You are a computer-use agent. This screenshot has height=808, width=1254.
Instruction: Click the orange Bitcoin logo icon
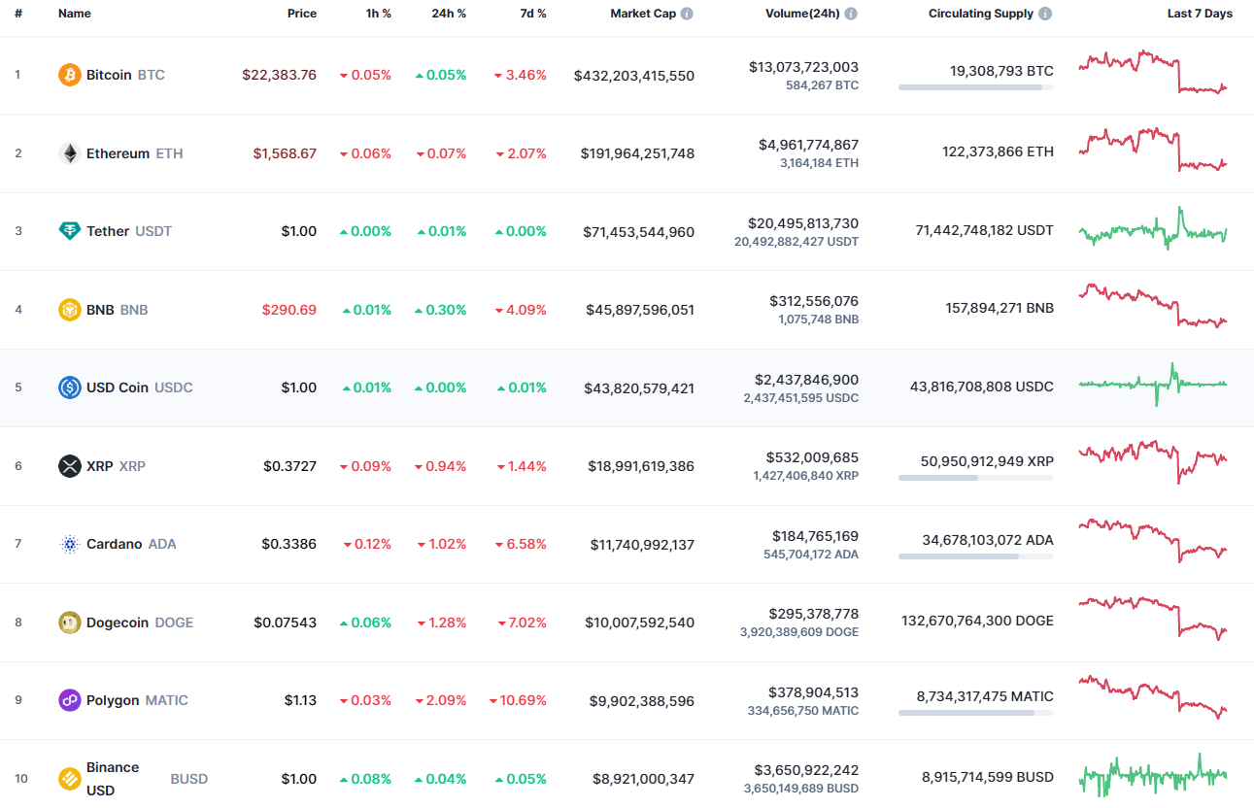point(70,75)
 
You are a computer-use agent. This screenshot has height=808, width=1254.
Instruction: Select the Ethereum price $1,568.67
point(285,153)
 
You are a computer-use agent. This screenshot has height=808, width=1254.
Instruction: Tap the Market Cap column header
point(643,14)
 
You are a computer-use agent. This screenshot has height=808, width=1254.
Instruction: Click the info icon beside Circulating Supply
point(1045,14)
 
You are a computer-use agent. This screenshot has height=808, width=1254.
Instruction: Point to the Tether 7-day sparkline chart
point(1152,230)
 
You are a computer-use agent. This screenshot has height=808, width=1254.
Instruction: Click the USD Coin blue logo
point(70,387)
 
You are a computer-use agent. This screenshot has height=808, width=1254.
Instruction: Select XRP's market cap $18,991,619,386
point(640,466)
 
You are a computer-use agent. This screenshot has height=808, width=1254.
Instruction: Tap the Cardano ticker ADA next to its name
point(162,544)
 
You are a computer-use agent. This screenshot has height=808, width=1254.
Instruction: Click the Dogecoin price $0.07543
point(285,623)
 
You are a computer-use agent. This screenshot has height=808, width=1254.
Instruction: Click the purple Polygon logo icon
point(70,700)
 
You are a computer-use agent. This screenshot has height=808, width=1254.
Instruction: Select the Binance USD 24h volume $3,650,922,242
point(805,769)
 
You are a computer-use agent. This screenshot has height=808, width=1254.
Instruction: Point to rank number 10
point(20,779)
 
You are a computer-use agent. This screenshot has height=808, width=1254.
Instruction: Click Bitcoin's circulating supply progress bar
point(975,87)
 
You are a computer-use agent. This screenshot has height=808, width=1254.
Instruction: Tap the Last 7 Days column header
point(1200,14)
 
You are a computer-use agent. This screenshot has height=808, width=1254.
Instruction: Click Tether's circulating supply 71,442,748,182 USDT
point(984,230)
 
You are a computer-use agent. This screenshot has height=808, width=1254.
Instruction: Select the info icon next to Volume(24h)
point(851,14)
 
